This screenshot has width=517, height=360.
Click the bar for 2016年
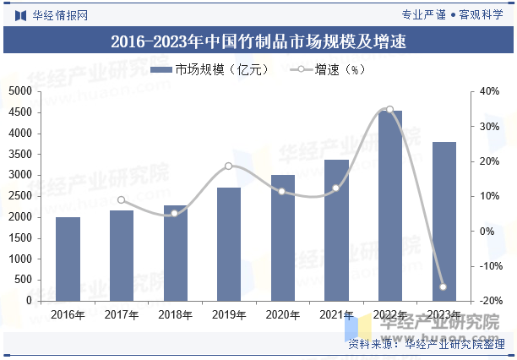[68, 259]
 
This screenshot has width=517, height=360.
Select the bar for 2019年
[229, 243]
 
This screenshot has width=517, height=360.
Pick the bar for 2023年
[444, 221]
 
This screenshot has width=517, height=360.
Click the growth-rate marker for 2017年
[121, 200]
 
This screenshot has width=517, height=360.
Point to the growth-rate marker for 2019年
[229, 166]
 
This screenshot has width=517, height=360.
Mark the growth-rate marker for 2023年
[444, 287]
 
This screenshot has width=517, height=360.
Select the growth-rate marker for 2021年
[336, 188]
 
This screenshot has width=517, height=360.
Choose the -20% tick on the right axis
[489, 301]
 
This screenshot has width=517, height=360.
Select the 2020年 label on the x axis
[283, 315]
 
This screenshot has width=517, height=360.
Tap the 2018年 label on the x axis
[175, 315]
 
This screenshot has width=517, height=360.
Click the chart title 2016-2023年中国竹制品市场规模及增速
[258, 40]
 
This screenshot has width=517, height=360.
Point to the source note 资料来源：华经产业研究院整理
[427, 344]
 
